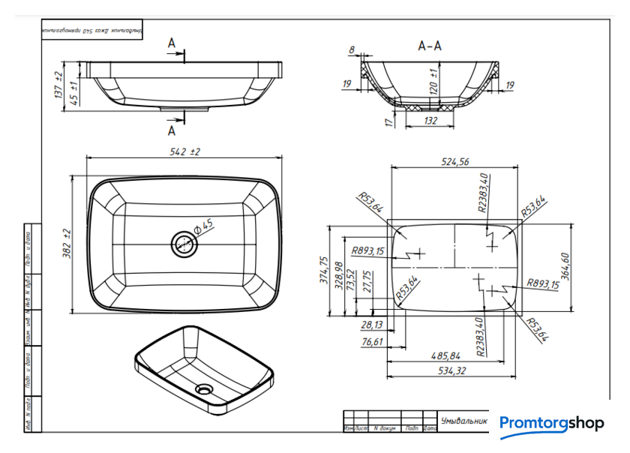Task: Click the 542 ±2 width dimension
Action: pyautogui.click(x=184, y=151)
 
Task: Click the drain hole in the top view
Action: pyautogui.click(x=184, y=243)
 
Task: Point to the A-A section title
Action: pyautogui.click(x=430, y=46)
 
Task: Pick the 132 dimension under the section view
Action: pyautogui.click(x=430, y=119)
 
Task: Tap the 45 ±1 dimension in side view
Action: pyautogui.click(x=75, y=93)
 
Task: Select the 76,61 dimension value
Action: pyautogui.click(x=373, y=342)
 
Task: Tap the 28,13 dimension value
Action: pyautogui.click(x=372, y=325)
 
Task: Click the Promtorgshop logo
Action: pyautogui.click(x=551, y=424)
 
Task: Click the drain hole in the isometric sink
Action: pyautogui.click(x=203, y=389)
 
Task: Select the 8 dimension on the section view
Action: pyautogui.click(x=352, y=50)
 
